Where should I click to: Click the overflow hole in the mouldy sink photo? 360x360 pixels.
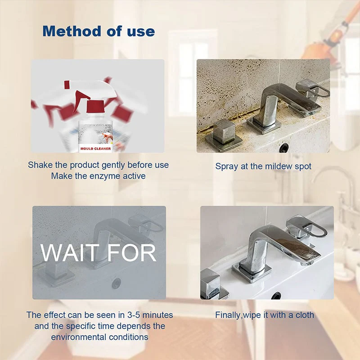click(x=283, y=147)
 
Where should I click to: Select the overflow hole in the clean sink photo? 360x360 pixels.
click(x=276, y=296)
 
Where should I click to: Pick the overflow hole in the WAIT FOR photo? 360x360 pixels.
click(x=117, y=283)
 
